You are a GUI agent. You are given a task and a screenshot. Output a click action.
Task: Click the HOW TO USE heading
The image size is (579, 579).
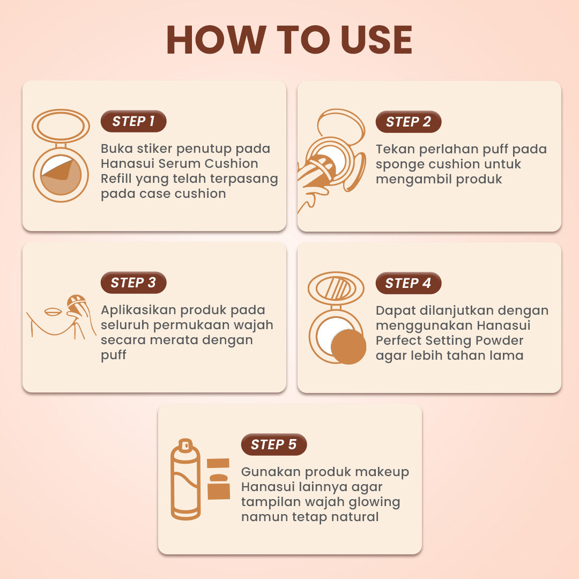point(289,40)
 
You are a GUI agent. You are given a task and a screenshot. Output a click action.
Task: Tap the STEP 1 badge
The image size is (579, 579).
point(133,122)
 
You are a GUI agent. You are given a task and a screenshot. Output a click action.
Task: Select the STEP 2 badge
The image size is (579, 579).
point(409,122)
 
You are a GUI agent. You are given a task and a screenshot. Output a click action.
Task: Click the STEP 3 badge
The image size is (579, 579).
point(133,283)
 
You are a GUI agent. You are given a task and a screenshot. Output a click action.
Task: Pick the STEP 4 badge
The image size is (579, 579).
point(409,284)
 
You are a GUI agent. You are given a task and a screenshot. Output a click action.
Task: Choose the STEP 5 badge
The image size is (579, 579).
point(274,445)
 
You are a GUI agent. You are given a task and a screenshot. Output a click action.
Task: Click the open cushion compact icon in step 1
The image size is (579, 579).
point(61,155)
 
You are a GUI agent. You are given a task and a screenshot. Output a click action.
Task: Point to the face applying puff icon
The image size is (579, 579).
point(60,316)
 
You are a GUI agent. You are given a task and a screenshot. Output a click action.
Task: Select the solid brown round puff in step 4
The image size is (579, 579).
point(348,347)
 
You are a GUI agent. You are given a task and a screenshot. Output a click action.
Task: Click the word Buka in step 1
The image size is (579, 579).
point(116,149)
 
